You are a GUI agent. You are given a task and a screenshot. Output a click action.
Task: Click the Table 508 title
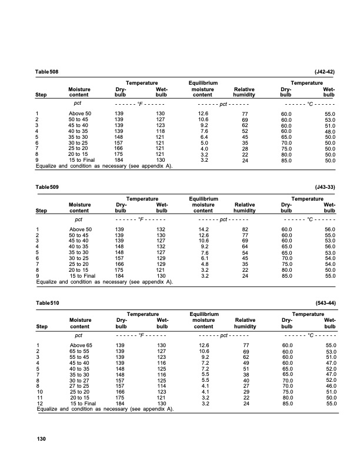coord(47,71)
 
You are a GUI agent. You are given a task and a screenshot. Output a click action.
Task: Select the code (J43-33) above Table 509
coord(325,187)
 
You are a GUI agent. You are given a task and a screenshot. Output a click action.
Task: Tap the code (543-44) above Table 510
coord(325,302)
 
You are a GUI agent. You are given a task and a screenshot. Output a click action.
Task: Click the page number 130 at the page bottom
coord(41,438)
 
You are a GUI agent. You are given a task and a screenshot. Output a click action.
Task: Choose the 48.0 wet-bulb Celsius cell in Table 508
coord(329,131)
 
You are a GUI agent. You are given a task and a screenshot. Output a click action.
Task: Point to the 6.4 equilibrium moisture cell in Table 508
coord(204,137)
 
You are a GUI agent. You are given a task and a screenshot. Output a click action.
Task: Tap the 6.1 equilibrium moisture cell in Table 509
coord(204,258)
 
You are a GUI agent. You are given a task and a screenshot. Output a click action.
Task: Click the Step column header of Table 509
coord(42,210)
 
